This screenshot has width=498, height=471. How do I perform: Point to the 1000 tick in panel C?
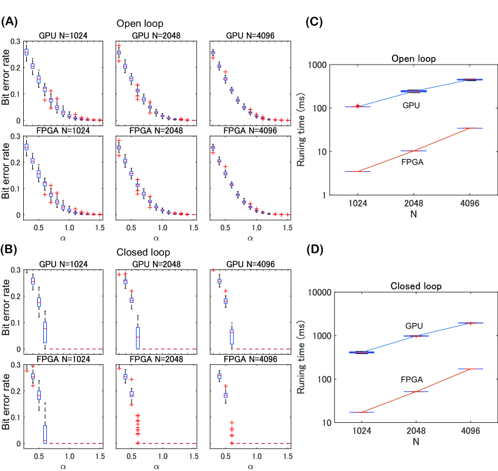[x=320, y=65]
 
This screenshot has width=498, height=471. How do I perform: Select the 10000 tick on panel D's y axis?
[x=318, y=293]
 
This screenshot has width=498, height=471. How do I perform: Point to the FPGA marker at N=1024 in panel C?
[x=357, y=171]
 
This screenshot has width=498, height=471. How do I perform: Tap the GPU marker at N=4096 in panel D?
[x=470, y=323]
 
